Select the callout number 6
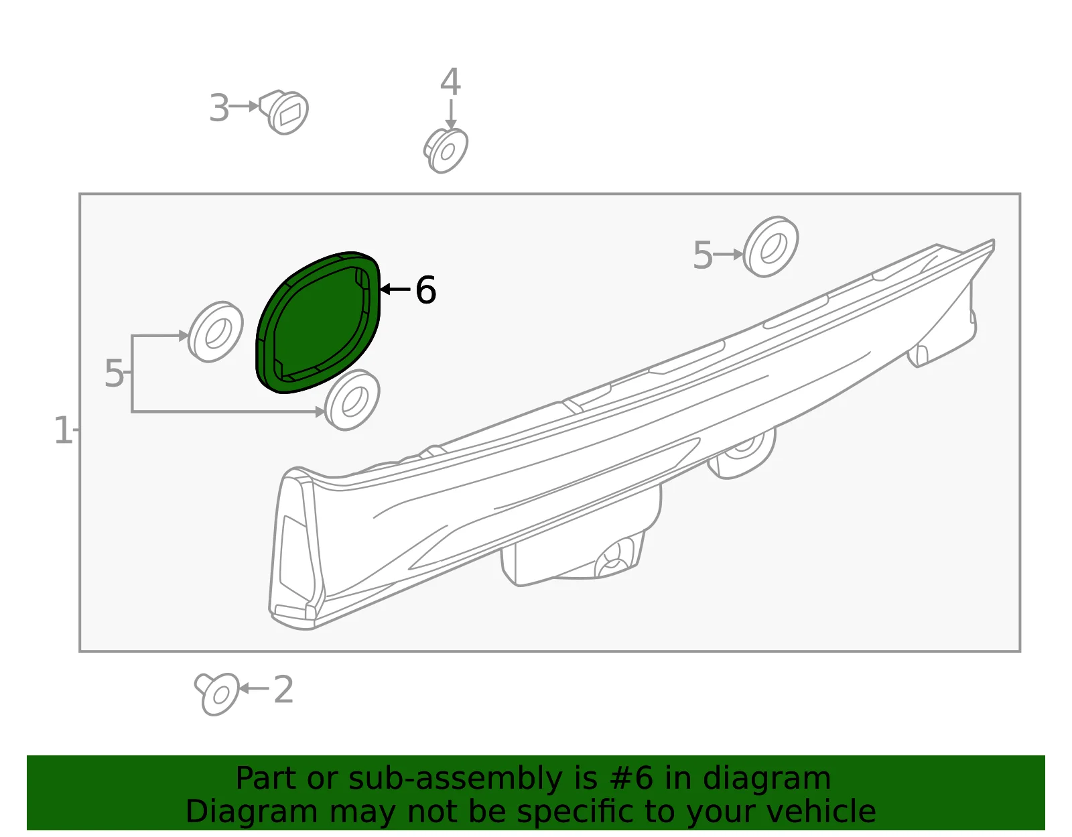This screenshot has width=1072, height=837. pyautogui.click(x=425, y=290)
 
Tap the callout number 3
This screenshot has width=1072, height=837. pyautogui.click(x=219, y=108)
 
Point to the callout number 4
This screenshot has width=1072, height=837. pyautogui.click(x=450, y=81)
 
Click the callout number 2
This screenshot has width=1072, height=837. pyautogui.click(x=283, y=690)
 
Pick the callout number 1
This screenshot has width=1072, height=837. pyautogui.click(x=63, y=430)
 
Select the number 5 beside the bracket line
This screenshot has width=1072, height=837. pyautogui.click(x=114, y=373)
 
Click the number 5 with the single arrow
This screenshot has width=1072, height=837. pyautogui.click(x=703, y=255)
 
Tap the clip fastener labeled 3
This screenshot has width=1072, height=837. pyautogui.click(x=284, y=112)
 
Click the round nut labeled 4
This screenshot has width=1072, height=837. pyautogui.click(x=446, y=150)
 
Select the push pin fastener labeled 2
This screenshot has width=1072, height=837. pyautogui.click(x=217, y=694)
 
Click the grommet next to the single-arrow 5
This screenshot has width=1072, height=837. pyautogui.click(x=770, y=247)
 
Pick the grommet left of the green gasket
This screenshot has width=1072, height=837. pyautogui.click(x=216, y=332)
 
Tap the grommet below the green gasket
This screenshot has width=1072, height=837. pyautogui.click(x=352, y=400)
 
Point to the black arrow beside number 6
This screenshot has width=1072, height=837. pyautogui.click(x=396, y=289)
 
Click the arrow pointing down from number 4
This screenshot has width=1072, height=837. pyautogui.click(x=451, y=115)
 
